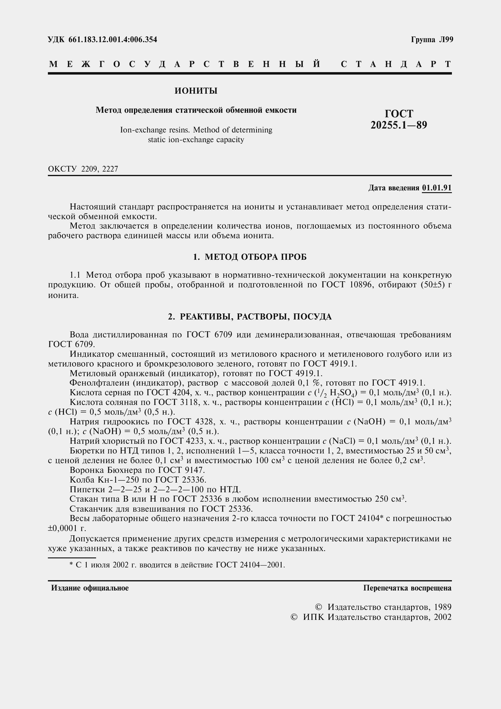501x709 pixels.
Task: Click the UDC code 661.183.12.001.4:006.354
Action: tap(112, 39)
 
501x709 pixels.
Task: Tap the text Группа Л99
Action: tap(432, 39)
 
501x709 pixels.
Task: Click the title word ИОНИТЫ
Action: tap(196, 91)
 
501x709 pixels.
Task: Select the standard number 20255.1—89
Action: tap(399, 125)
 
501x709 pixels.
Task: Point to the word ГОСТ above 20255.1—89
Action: tap(399, 114)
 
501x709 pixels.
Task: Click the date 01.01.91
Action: tap(436, 188)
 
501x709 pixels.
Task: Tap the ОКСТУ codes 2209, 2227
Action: tap(99, 169)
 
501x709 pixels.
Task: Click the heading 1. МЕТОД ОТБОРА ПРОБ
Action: tap(250, 257)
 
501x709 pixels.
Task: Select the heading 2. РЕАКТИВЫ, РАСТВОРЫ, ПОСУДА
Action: tap(250, 316)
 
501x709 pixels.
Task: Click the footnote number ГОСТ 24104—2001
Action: tap(250, 565)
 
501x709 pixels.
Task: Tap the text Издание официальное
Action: tap(90, 588)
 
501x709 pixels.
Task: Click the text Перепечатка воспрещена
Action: tap(407, 588)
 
